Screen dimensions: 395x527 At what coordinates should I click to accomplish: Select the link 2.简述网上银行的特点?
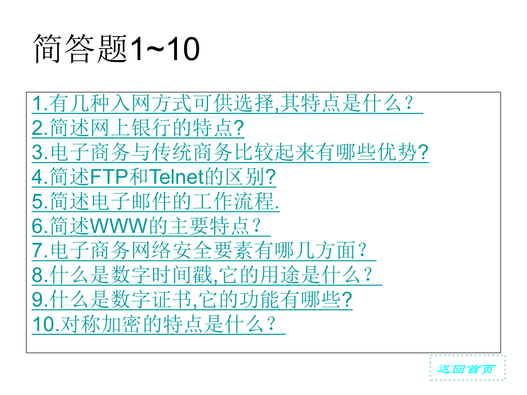(138, 129)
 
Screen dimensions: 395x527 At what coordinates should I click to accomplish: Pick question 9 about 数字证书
(192, 301)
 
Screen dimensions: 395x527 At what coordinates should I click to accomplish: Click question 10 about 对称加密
(158, 325)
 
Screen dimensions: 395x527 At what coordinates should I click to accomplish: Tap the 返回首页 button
(467, 368)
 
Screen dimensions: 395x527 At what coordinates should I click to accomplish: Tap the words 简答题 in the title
(80, 49)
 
